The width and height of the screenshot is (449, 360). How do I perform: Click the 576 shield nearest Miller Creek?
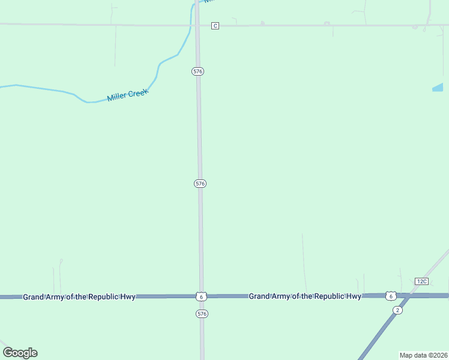pos(198,71)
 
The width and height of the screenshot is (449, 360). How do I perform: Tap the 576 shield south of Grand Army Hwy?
pos(202,314)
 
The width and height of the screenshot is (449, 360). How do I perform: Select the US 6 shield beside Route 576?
pos(201,296)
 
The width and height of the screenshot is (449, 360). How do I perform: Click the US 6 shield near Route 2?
pos(391,296)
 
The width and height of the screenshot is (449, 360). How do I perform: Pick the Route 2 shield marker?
pos(397,310)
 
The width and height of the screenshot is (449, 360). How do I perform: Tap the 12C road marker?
pos(421,281)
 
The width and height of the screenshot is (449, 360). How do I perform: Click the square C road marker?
pos(215,26)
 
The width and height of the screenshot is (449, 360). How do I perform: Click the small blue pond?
pos(438,88)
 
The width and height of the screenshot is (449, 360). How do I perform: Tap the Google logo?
pos(20,353)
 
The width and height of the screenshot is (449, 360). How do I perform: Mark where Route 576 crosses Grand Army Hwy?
pos(201,296)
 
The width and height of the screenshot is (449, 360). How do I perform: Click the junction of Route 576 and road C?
pos(197,25)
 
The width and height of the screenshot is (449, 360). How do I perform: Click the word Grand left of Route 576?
pos(35,297)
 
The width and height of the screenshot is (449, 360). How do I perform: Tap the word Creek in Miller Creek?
pos(138,92)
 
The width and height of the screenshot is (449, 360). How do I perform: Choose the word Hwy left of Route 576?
pos(127,297)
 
